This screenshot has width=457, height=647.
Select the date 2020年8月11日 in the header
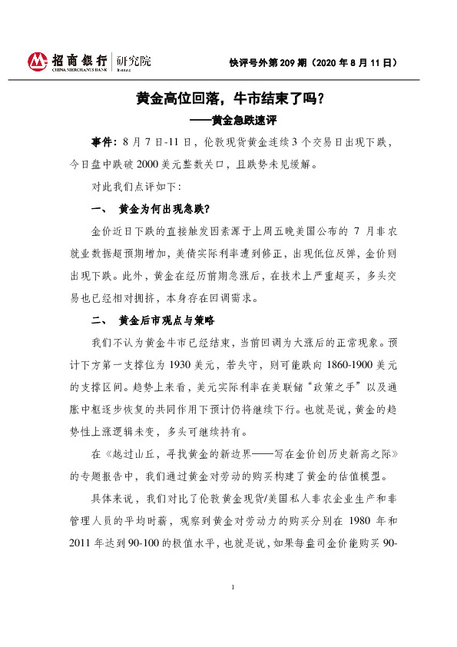pyautogui.click(x=360, y=62)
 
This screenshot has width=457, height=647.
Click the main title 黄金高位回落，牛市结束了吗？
pyautogui.click(x=229, y=99)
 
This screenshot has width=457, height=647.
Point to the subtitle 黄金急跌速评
pyautogui.click(x=243, y=121)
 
